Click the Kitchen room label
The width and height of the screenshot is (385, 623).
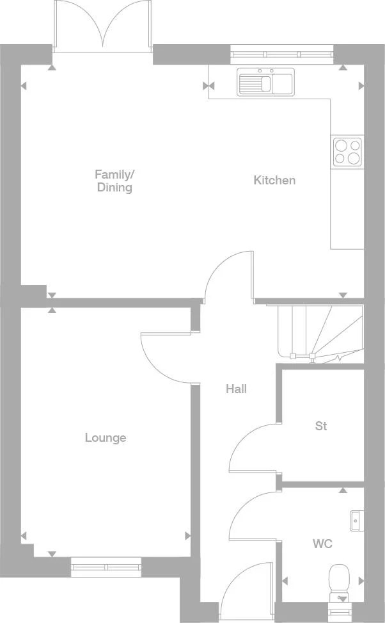(274, 181)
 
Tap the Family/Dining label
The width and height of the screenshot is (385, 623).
(114, 181)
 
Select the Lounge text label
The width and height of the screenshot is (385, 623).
(106, 438)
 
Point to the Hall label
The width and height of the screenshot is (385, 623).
(236, 389)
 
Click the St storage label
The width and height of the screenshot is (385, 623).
(321, 426)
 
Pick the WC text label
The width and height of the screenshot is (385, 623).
(322, 544)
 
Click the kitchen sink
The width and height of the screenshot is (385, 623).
(265, 82)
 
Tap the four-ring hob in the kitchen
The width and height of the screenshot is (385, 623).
(347, 152)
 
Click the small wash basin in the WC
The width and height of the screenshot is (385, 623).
(357, 521)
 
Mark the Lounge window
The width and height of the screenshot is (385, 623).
(106, 567)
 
